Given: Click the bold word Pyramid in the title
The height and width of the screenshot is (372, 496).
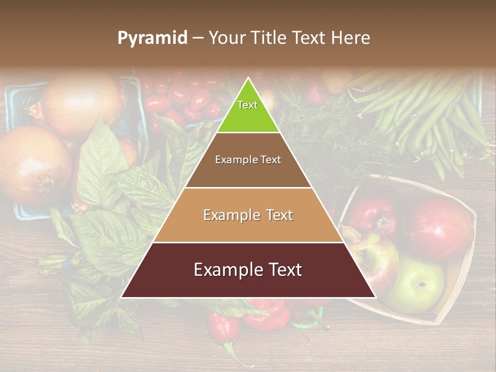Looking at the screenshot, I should click(152, 38).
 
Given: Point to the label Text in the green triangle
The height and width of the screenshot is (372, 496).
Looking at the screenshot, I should click(247, 105).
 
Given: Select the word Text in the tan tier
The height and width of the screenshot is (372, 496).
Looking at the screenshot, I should click(280, 215).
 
